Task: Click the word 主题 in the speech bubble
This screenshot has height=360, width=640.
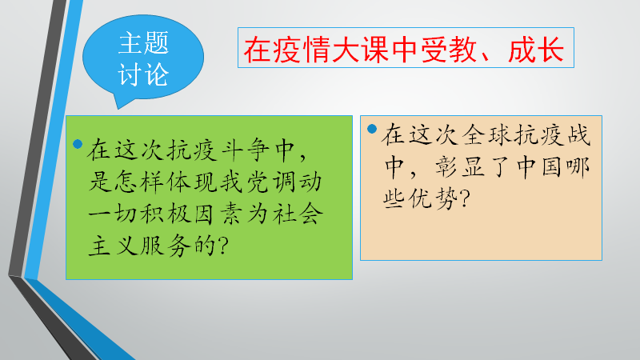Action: pos(143,43)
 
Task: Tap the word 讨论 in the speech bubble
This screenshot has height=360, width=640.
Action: pos(143,74)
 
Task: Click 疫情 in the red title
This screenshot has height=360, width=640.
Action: pos(301,50)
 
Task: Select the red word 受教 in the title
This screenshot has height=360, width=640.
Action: pos(449,50)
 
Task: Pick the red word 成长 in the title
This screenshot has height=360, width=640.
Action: pos(536,50)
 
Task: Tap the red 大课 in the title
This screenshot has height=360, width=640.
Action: pos(359,50)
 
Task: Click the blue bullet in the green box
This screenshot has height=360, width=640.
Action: pos(78,144)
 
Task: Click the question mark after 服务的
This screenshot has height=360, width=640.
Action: pos(223,246)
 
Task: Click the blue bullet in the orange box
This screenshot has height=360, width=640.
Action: pos(372,129)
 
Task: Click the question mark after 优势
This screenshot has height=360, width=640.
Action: pos(466,198)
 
